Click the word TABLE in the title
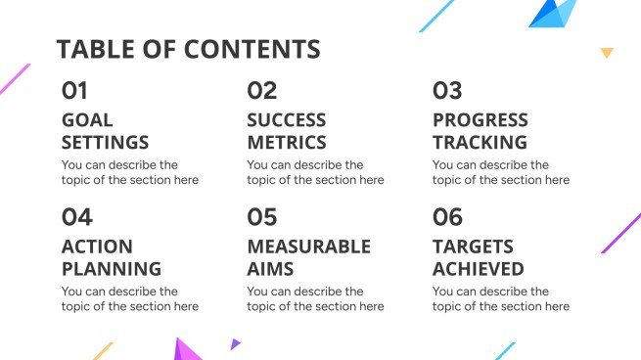[91, 50]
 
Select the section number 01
[74, 91]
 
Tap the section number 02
[261, 91]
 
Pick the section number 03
[447, 91]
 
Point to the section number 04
[76, 217]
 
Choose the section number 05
[262, 217]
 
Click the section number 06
[447, 217]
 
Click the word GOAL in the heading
[87, 120]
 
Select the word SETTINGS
[106, 143]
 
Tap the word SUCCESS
[287, 120]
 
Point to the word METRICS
[287, 143]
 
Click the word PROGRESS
[481, 120]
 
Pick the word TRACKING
[480, 143]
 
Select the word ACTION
[97, 247]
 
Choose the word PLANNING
[112, 269]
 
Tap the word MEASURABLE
[308, 247]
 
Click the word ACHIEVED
[479, 269]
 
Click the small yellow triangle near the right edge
[607, 53]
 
